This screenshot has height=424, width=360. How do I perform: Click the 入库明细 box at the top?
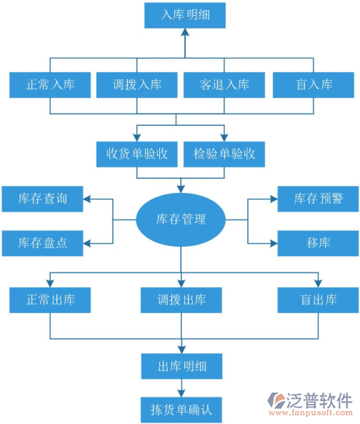184,14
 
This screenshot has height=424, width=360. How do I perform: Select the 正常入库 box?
51,85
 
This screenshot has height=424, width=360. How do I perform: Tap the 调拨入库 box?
137,85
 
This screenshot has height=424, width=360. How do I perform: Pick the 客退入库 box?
226,85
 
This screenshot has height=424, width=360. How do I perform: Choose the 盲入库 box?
314,85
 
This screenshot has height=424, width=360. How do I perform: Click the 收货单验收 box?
137,153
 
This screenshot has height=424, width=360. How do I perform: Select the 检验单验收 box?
224,153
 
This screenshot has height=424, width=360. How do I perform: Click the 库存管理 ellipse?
181,219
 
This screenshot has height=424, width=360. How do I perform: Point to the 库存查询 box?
43,198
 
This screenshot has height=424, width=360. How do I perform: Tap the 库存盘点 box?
43,243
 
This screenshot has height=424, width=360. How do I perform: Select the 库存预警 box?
318,198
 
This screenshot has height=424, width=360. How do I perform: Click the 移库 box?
318,243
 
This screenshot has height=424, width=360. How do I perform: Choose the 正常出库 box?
50,300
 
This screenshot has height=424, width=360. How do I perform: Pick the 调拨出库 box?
181,300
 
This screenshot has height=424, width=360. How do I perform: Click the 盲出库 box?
318,300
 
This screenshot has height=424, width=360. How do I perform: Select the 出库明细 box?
181,366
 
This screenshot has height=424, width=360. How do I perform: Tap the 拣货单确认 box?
181,410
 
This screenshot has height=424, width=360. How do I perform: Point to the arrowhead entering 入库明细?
184,32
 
